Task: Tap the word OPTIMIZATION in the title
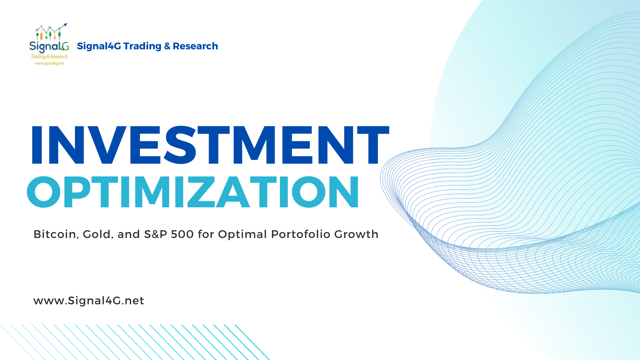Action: pos(193,192)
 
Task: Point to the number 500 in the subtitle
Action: pos(182,234)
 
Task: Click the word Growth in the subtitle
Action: pos(356,234)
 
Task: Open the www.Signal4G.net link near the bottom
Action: pos(89,301)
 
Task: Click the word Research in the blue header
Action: pos(195,46)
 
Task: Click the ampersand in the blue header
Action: pos(167,46)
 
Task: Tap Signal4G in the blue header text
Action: pos(99,46)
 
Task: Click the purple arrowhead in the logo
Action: pos(65,25)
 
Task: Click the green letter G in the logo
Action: pos(65,46)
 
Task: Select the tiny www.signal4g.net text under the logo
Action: pos(49,63)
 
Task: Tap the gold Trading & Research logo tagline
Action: pos(49,57)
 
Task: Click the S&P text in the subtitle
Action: pos(155,234)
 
